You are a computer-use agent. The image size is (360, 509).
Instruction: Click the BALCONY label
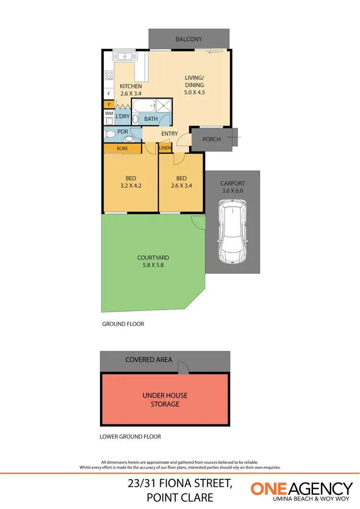189,39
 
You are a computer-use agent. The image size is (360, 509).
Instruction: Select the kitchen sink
126,56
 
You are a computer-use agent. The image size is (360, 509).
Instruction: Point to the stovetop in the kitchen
109,75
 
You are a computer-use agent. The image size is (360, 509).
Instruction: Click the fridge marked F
109,94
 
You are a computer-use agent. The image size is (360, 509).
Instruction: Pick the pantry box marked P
109,104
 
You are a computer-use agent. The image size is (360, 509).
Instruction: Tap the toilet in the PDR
109,134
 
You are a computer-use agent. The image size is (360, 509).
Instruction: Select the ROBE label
122,149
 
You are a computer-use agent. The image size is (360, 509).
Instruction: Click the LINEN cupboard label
165,148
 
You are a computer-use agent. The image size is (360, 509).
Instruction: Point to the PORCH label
212,139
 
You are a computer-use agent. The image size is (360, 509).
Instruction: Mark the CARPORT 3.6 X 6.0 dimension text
233,190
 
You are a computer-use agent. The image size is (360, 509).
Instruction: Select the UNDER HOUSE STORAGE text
165,400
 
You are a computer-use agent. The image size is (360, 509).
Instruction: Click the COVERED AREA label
148,360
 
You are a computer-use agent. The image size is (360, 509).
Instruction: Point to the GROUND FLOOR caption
123,324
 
